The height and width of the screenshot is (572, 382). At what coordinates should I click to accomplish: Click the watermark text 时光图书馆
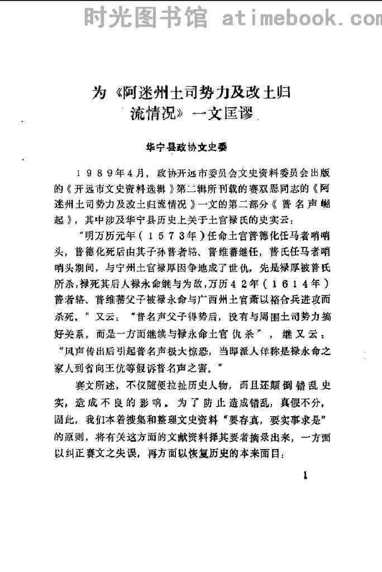[x=146, y=18]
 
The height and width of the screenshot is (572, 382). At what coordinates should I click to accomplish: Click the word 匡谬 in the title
[x=241, y=115]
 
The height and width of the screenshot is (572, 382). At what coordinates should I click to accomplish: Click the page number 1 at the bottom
[x=305, y=476]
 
